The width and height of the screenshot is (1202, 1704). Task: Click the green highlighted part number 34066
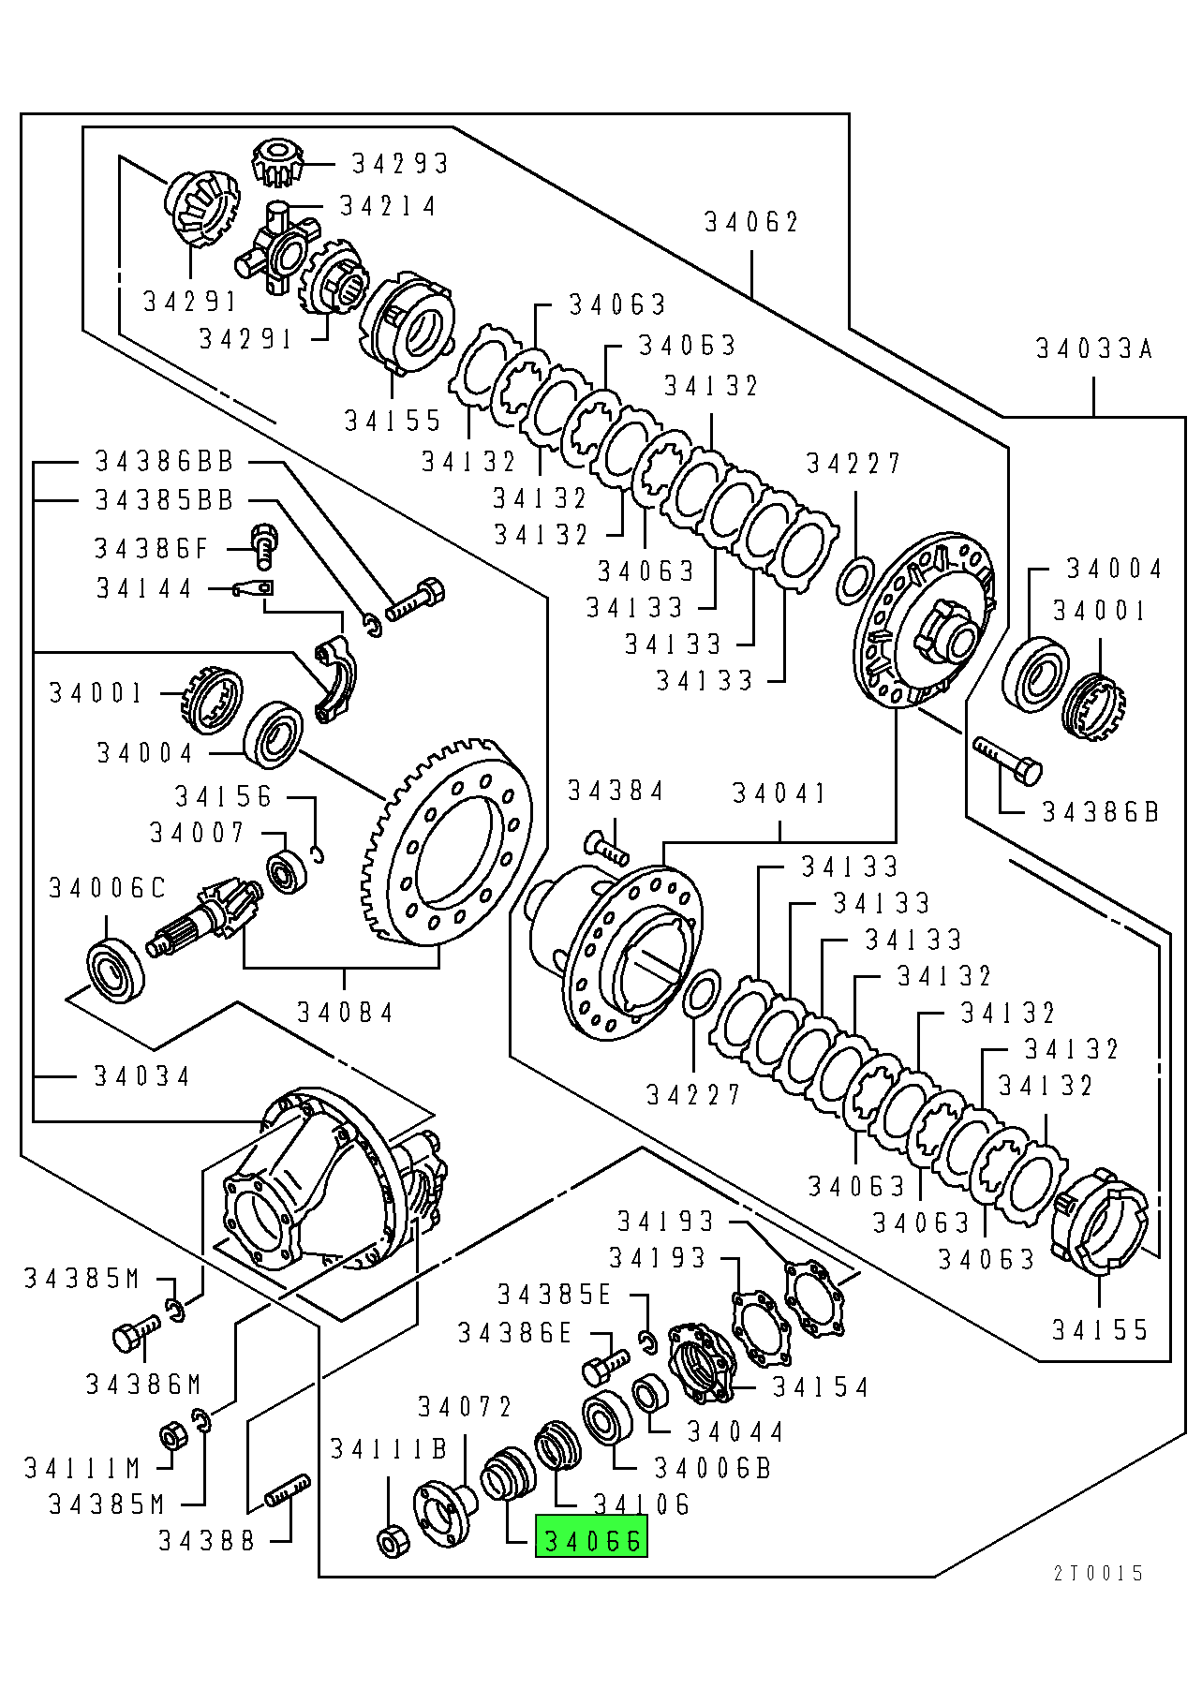pos(591,1540)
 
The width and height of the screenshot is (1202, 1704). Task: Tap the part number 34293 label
pos(400,163)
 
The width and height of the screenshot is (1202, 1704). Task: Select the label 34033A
pos(1094,349)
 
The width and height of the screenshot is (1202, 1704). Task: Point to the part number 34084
pos(346,1013)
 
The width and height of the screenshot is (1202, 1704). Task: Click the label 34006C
pos(107,888)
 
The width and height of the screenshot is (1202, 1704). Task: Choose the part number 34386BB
pos(164,461)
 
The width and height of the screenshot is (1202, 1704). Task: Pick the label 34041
pos(779,794)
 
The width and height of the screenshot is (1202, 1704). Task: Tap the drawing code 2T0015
pos(1098,1573)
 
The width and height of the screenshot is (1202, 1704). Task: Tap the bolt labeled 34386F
pos(264,546)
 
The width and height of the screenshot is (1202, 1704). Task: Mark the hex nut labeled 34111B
pos(389,1540)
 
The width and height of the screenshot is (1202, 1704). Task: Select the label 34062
pos(752,223)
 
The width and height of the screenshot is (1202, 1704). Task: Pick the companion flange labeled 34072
pos(443,1508)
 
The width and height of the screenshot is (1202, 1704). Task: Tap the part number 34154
pos(821,1386)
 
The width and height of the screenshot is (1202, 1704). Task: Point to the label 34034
pos(141,1076)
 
